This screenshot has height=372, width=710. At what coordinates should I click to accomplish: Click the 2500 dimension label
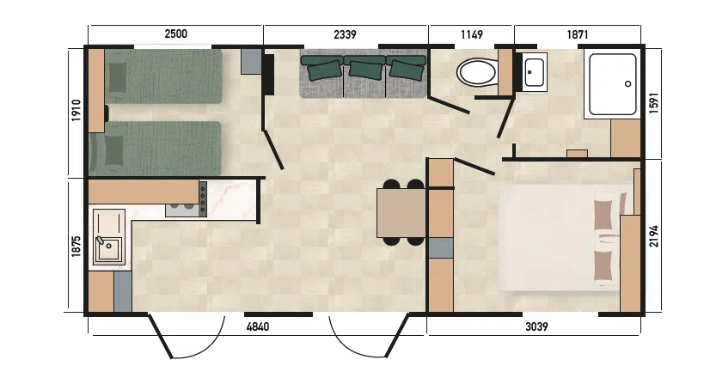click(175, 34)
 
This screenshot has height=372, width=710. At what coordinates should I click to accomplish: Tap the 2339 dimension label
click(345, 34)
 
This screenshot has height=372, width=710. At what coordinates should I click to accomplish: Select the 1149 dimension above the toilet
click(472, 34)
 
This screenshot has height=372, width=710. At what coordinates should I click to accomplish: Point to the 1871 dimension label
click(578, 34)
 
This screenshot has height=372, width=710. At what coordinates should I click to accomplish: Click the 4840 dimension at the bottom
click(258, 326)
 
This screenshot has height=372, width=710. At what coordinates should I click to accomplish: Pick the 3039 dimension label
click(536, 326)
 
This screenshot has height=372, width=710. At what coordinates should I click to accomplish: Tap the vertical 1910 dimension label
click(76, 110)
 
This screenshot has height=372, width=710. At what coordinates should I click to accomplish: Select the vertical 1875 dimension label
click(76, 247)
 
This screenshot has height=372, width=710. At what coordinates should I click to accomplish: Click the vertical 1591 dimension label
click(654, 103)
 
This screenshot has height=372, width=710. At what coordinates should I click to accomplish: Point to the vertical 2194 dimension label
click(654, 236)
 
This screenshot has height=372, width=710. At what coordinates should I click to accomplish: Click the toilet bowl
click(476, 72)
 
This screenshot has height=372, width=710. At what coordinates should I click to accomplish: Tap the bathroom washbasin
click(536, 72)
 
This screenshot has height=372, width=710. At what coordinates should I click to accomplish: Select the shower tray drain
click(627, 83)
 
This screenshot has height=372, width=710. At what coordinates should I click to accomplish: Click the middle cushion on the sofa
click(364, 70)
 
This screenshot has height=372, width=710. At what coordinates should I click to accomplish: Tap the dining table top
click(401, 213)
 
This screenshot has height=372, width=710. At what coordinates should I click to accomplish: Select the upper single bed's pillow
click(119, 77)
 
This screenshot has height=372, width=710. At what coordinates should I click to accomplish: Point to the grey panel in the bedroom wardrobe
click(441, 247)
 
